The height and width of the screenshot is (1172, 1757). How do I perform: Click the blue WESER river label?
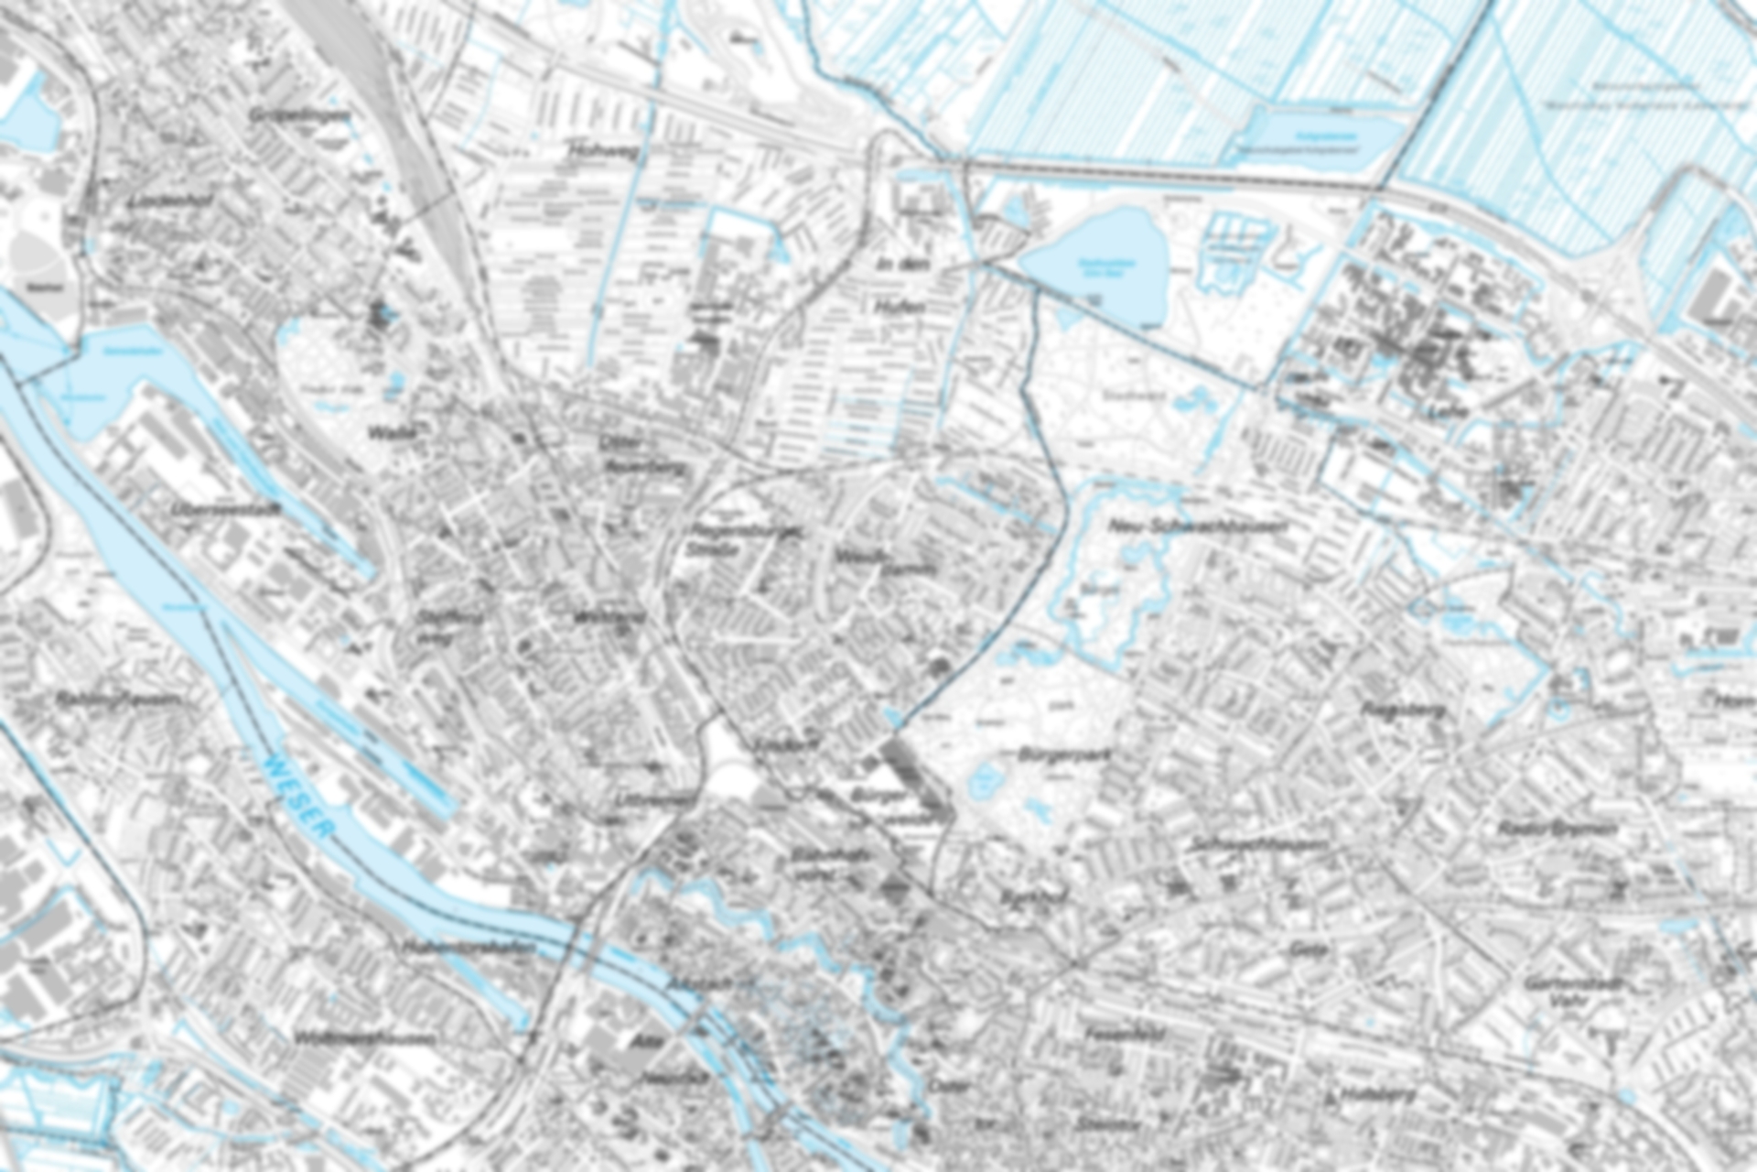pos(298,797)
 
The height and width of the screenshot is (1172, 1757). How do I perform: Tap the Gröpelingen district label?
pos(299,116)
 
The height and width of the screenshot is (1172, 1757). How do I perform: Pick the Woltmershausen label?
pos(364,1038)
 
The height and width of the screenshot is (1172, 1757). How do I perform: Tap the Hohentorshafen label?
pos(467,948)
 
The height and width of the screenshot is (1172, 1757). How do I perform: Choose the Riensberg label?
pos(1390,710)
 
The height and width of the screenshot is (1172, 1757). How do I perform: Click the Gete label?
pos(1308,950)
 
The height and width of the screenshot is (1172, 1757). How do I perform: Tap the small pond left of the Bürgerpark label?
pos(984,780)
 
